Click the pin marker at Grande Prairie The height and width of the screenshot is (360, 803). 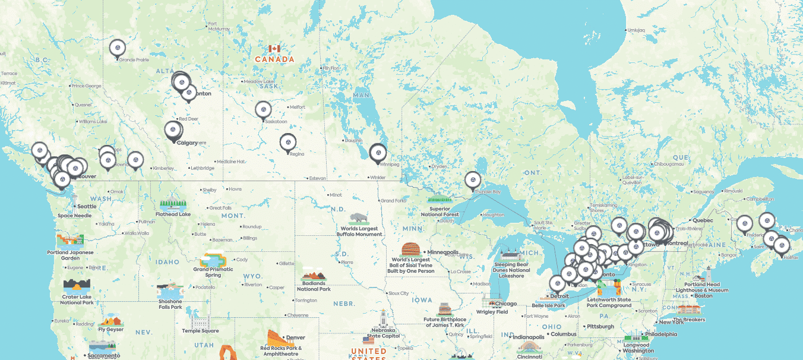coord(118,48)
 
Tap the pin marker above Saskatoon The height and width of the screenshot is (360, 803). coord(263,110)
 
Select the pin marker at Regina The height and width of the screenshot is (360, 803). coord(288,143)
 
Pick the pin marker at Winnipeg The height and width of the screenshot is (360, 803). coord(377,153)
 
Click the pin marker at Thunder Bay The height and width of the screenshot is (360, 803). coord(472,179)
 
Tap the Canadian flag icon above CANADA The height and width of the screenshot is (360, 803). coord(274,49)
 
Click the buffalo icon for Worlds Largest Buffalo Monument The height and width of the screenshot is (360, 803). coord(359,218)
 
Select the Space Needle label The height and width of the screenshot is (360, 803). coord(74,216)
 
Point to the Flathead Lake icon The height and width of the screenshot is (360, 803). coord(173,203)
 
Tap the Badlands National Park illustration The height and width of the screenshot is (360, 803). coord(314,276)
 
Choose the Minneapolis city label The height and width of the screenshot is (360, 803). coord(442,252)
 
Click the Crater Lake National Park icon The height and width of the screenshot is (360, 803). coord(77,285)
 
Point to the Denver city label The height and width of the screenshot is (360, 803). coord(295,337)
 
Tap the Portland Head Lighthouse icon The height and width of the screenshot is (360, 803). coord(706,277)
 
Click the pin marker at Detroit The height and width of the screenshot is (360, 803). coord(558,284)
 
